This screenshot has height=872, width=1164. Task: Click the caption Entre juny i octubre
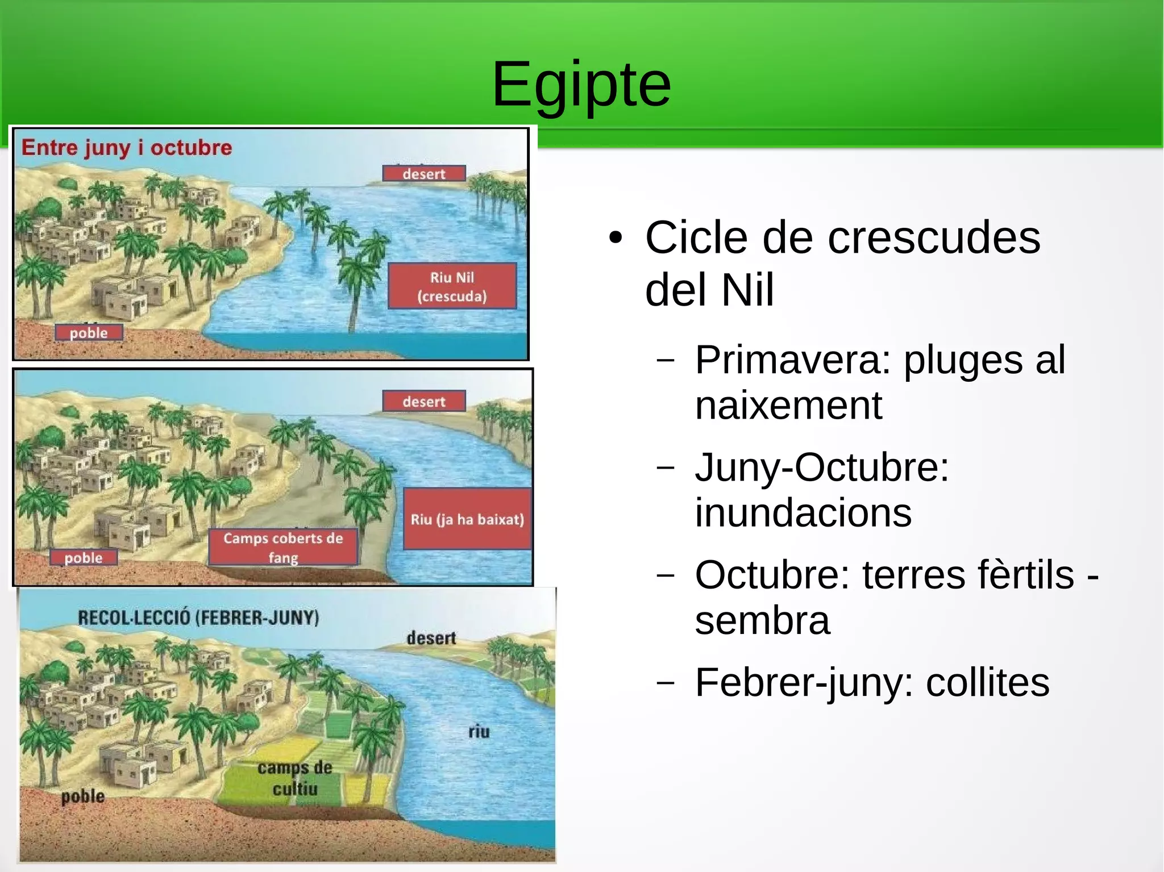(127, 148)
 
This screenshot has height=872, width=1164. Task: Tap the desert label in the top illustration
(424, 174)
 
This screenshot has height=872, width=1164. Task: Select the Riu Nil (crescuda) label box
(452, 286)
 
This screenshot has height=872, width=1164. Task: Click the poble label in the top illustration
(89, 333)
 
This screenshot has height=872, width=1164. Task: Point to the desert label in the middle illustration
(424, 402)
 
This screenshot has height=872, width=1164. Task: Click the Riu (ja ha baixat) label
(467, 519)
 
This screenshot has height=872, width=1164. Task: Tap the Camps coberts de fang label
(283, 548)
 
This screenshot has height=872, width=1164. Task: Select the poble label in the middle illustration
(84, 558)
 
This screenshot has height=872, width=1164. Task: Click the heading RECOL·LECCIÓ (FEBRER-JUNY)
(198, 618)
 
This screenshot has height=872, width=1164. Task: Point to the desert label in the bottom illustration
(431, 639)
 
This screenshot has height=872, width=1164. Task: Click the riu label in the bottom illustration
(479, 732)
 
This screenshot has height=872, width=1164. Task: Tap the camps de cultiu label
(294, 778)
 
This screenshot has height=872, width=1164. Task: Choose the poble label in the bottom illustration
(83, 796)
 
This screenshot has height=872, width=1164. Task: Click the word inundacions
(803, 512)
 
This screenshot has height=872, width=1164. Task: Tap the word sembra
(762, 620)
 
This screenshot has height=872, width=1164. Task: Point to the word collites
(987, 682)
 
